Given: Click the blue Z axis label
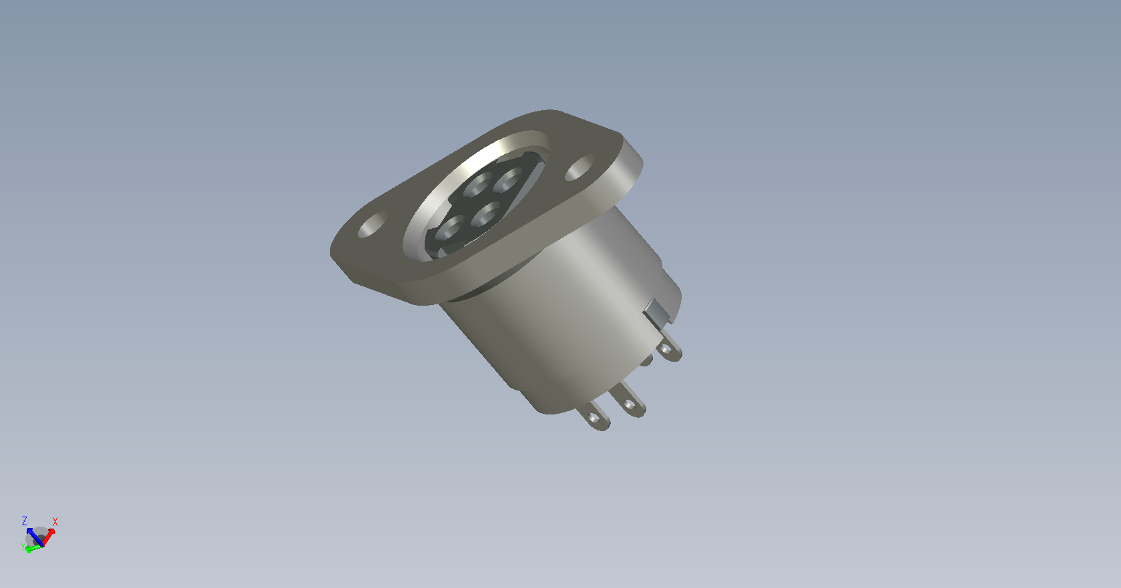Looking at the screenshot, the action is (x=24, y=521).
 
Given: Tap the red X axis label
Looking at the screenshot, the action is (x=55, y=521).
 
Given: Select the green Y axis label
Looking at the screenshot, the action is (x=23, y=547).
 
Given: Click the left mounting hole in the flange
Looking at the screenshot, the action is (x=373, y=224).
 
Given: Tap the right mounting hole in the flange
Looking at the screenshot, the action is (x=580, y=168).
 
